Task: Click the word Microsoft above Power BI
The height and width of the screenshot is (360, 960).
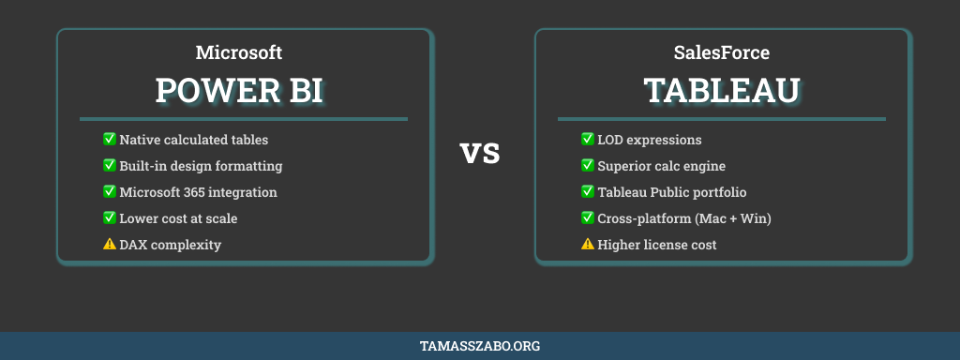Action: [x=238, y=52]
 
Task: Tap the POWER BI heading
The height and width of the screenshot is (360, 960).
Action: [x=239, y=90]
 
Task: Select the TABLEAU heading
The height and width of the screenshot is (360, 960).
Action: [x=721, y=90]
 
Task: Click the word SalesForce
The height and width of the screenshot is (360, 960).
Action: [x=721, y=52]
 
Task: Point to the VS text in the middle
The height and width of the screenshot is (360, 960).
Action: [x=480, y=153]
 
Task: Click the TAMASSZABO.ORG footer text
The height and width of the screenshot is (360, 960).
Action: [x=480, y=346]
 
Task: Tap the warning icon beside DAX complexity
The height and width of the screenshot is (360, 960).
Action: [x=109, y=244]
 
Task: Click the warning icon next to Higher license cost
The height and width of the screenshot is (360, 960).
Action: [x=588, y=244]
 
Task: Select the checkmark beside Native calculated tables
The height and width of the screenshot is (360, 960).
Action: [x=109, y=139]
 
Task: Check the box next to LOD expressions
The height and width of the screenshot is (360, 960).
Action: [x=588, y=139]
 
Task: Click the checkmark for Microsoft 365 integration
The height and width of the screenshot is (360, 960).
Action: [x=109, y=191]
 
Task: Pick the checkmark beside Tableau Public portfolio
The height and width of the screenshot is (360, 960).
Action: [x=588, y=191]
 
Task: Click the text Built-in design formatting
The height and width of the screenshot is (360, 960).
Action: [x=201, y=166]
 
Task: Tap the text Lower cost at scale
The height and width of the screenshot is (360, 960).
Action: [x=178, y=218]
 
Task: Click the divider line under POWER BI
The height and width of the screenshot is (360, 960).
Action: [x=244, y=119]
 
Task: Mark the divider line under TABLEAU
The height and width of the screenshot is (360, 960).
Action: [x=721, y=119]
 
